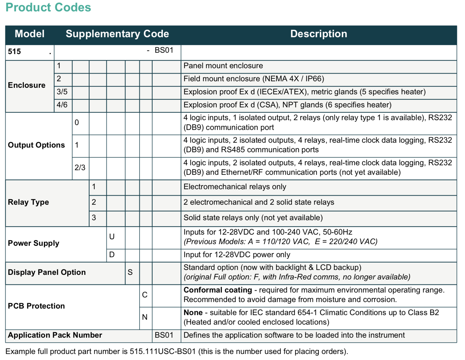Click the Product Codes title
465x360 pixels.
coord(48,7)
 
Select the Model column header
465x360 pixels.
coord(30,34)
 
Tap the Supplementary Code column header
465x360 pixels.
coord(117,34)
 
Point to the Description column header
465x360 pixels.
coord(319,34)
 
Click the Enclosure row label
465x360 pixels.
coord(27,85)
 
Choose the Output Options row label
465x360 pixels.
coord(36,145)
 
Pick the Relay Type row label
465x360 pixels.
coord(29,202)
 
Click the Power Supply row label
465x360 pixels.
coord(33,243)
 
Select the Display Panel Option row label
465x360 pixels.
coord(47,272)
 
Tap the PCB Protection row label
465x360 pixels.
coord(36,306)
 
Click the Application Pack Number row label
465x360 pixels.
coord(55,335)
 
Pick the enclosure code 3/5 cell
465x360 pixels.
coord(62,92)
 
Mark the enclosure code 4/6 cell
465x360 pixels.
coord(62,105)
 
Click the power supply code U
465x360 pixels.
coord(112,237)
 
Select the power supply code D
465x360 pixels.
coord(112,255)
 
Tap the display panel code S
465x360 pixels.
coord(130,272)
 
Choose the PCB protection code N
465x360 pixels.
coord(145,317)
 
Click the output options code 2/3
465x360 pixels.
coord(80,167)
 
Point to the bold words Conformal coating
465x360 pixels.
coord(218,290)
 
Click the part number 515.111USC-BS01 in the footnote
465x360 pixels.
coord(163,351)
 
